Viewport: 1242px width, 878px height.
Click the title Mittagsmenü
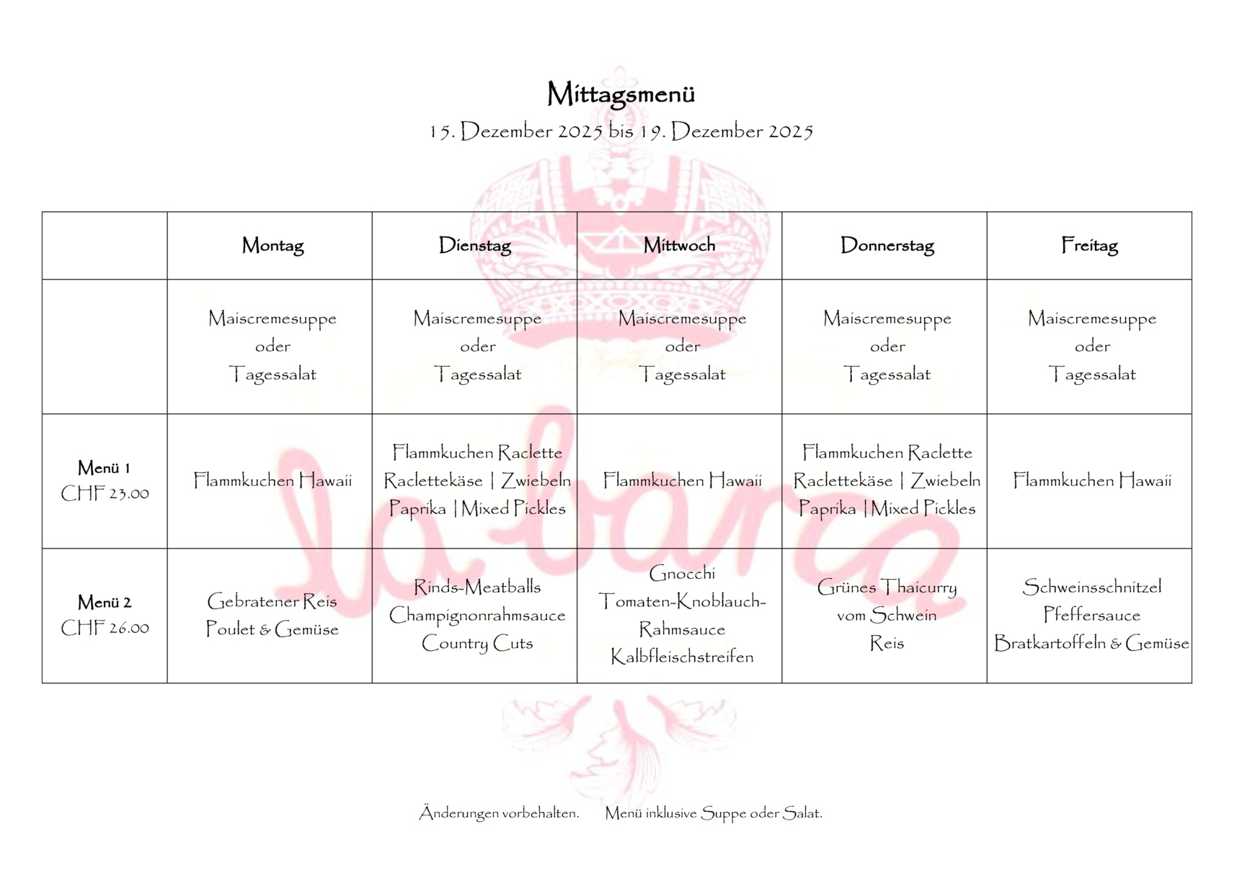pos(621,94)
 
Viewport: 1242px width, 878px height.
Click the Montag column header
pos(272,246)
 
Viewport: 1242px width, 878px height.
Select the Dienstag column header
pos(475,246)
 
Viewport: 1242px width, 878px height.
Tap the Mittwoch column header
pos(680,245)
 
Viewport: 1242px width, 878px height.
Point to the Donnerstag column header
pos(887,246)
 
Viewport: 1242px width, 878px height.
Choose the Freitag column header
pos(1089,246)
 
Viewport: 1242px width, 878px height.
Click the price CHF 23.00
pos(105,494)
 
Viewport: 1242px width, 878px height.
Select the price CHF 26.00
pos(105,629)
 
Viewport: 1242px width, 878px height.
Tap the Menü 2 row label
pos(105,603)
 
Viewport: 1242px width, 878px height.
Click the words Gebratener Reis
pos(272,601)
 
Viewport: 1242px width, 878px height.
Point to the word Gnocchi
pos(682,574)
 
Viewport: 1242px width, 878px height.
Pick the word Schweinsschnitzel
pos(1092,587)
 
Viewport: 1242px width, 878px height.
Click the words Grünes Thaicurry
pos(887,587)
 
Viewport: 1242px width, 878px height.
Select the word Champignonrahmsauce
pos(477,616)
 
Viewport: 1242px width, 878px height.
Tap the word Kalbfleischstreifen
pos(682,657)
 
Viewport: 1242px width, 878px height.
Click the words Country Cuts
pos(477,643)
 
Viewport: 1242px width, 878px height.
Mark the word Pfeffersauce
pos(1092,616)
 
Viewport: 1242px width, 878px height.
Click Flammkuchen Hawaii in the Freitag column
pos(1092,481)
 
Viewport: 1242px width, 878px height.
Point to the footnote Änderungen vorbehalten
pos(500,813)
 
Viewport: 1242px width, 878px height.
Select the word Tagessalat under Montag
pos(272,375)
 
